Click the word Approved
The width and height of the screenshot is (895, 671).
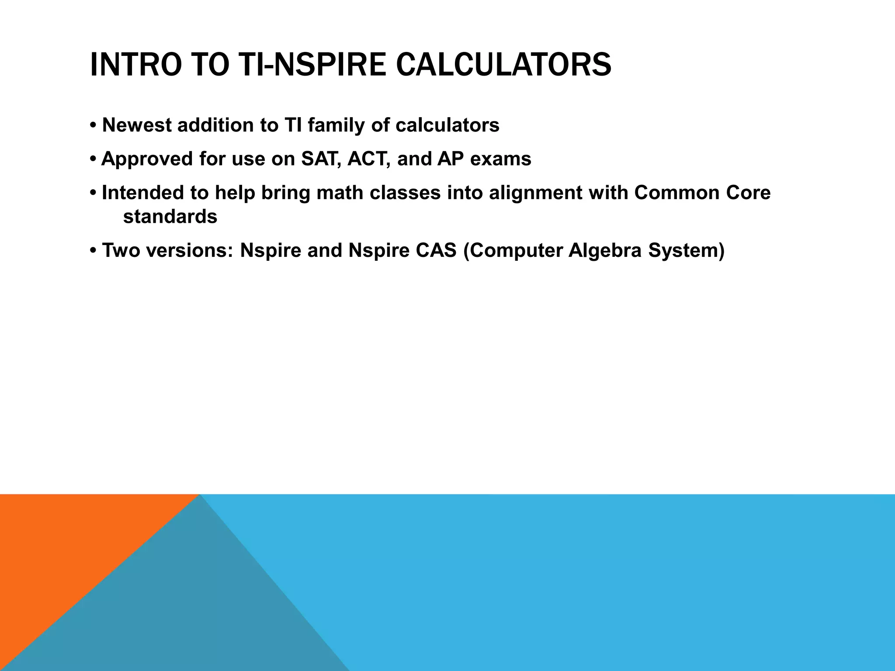[147, 159]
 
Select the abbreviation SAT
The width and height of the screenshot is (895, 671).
[320, 159]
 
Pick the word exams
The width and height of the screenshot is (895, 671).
[501, 159]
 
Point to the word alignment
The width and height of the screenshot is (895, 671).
[535, 193]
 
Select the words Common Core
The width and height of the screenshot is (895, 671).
[702, 193]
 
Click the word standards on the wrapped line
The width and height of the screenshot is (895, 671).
[170, 217]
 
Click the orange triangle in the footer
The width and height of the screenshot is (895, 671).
[66, 546]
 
